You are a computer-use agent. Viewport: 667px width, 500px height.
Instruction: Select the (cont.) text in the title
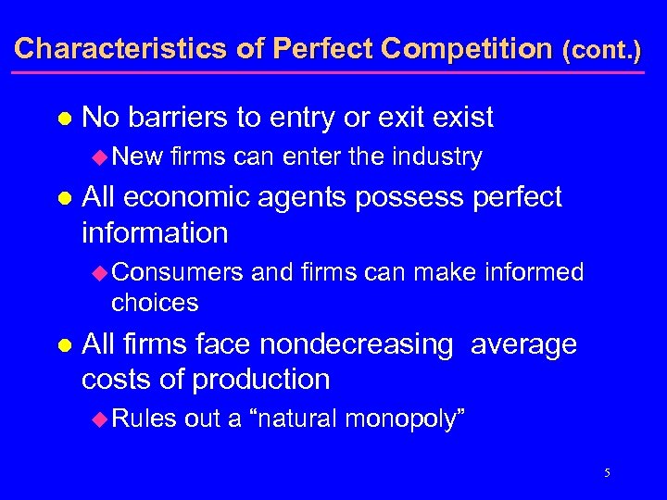coord(602,49)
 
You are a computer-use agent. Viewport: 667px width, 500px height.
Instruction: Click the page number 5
coord(607,473)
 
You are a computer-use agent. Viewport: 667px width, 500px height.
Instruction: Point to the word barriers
coord(176,118)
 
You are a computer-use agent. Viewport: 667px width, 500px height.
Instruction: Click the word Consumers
coord(178,272)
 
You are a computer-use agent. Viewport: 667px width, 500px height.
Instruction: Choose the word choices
coord(155,302)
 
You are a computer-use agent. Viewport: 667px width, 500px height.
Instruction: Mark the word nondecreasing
coord(356,345)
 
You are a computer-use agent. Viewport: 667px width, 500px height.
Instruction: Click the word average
coord(523,345)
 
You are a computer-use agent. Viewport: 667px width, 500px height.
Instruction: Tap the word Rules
coord(143,419)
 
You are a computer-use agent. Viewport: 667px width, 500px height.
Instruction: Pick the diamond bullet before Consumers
coord(101,272)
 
